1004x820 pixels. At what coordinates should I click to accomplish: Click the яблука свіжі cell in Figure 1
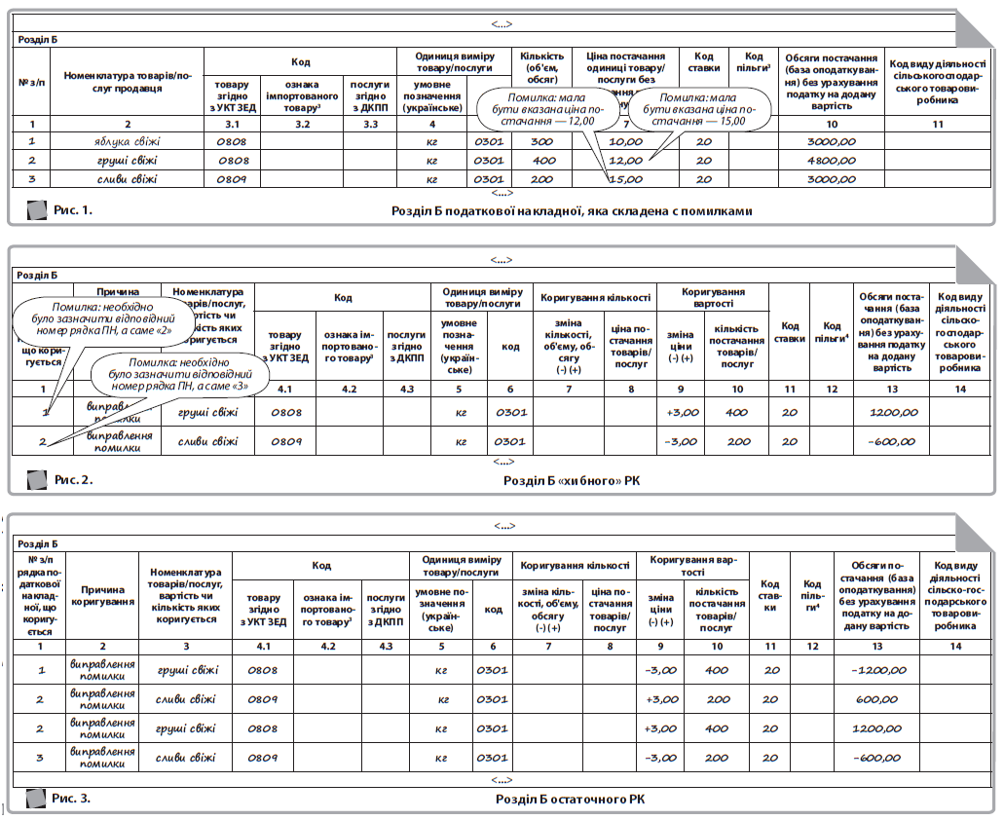[x=127, y=142]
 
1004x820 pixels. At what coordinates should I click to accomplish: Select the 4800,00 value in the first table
[x=831, y=161]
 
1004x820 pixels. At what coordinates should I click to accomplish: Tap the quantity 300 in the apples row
[x=540, y=142]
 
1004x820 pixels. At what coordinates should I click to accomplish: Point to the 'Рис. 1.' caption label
[x=73, y=210]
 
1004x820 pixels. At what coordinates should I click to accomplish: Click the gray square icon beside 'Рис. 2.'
[x=36, y=480]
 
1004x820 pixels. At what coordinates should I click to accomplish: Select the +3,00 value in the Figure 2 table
[x=683, y=412]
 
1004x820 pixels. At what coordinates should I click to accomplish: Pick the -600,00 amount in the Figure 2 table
[x=893, y=442]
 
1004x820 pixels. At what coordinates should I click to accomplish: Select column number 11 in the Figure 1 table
[x=938, y=125]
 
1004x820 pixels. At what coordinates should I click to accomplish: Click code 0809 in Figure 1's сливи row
[x=232, y=179]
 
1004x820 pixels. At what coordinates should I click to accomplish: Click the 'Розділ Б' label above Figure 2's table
[x=38, y=276]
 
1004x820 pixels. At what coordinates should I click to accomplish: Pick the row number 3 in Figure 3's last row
[x=40, y=758]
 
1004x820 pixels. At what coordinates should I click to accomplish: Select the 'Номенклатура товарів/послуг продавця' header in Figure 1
[x=127, y=82]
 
